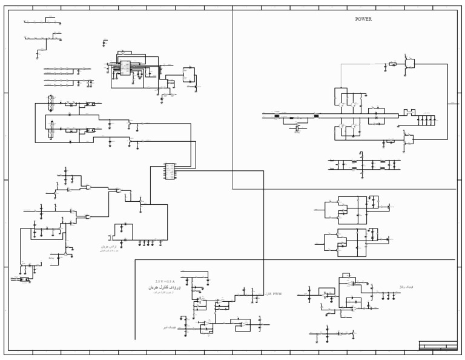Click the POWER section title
coord(363,19)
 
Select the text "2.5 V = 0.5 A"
coord(165,282)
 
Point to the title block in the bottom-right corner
coord(438,345)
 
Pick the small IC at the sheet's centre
coord(170,171)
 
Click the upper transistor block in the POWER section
coord(411,63)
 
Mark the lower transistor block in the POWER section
coord(409,140)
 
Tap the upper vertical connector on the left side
coord(51,104)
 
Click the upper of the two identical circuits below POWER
coord(352,209)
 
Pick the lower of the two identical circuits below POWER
coord(352,242)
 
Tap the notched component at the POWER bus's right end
coord(409,112)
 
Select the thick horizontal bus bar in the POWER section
coord(357,115)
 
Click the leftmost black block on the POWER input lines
coord(277,116)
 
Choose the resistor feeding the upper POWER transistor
coord(392,63)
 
